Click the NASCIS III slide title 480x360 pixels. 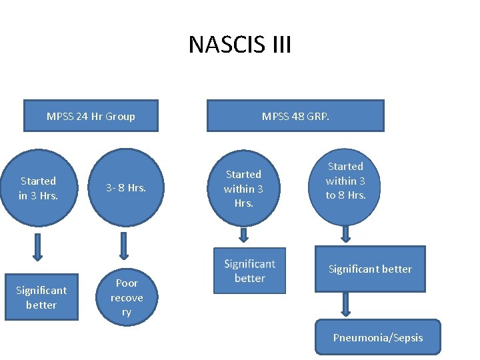240,45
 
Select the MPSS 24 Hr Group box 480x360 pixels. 91,116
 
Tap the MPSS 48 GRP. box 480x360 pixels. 295,116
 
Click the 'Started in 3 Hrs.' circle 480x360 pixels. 39,187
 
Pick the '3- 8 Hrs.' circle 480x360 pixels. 127,187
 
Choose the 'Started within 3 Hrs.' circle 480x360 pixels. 243,188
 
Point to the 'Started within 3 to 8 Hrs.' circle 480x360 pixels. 345,180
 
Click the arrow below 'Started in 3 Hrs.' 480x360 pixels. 37,247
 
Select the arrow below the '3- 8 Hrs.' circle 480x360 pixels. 123,246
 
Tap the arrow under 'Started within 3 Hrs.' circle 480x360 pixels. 244,235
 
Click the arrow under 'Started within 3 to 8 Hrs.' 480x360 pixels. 346,233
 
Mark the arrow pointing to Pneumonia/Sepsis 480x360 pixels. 346,303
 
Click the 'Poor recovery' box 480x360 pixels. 127,297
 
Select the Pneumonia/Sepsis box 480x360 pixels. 378,338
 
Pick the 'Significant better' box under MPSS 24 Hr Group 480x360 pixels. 41,297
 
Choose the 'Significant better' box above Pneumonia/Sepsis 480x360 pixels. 370,269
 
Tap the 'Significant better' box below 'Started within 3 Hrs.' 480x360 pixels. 250,271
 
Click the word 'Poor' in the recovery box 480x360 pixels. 127,283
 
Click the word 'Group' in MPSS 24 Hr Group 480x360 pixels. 120,116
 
